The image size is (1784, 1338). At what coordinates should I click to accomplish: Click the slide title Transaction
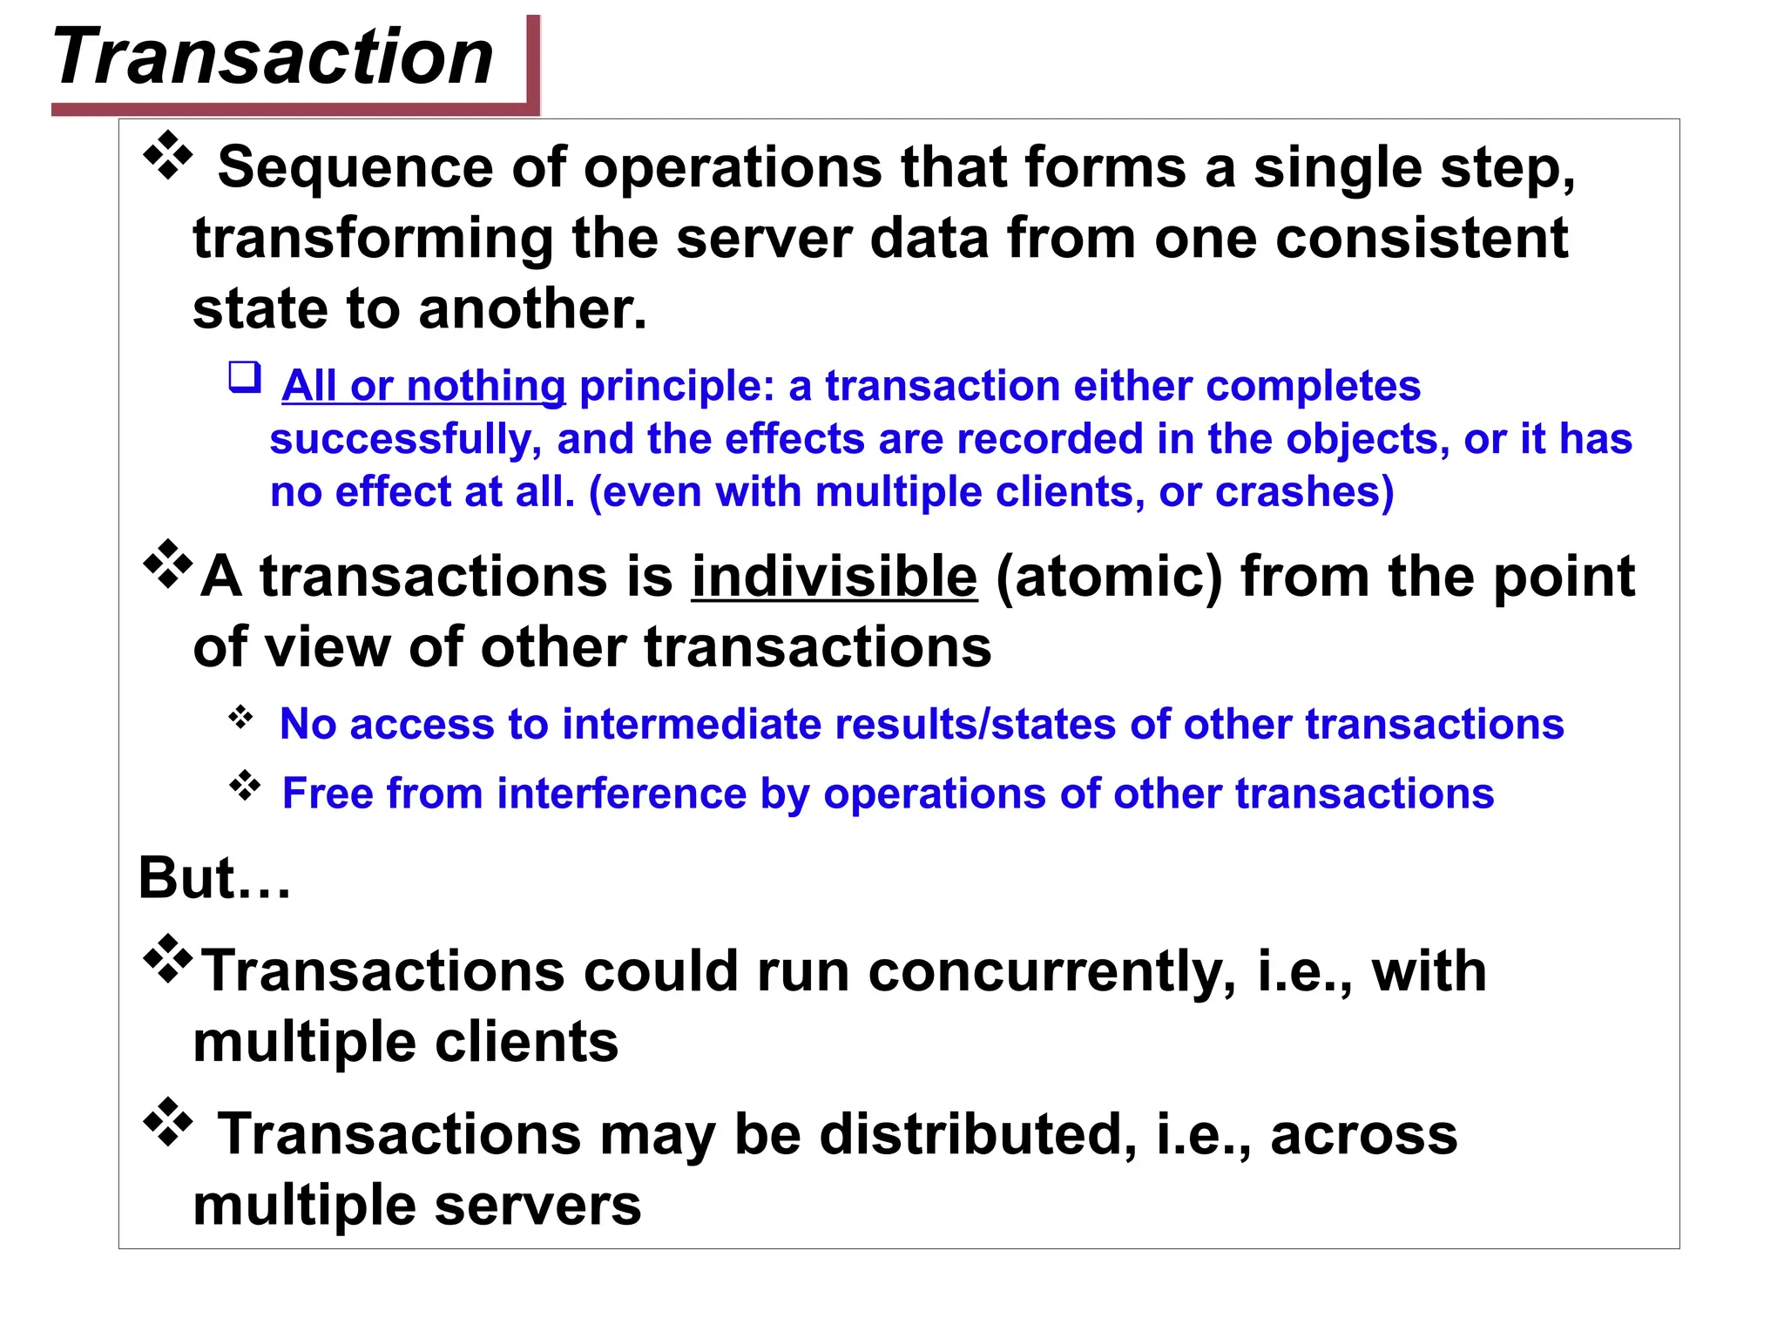(x=273, y=57)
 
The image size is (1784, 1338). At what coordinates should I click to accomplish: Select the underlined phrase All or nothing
(x=423, y=386)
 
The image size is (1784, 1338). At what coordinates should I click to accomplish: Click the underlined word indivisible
(x=835, y=577)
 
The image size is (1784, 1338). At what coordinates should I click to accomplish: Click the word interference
(x=621, y=794)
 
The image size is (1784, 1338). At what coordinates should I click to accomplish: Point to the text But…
(x=214, y=877)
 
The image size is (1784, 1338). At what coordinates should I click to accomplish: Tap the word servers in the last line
(x=537, y=1206)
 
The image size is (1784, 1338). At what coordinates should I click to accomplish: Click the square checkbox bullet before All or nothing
(x=245, y=377)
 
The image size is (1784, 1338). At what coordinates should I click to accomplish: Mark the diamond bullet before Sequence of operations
(x=167, y=156)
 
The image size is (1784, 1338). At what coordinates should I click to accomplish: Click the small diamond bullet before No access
(x=240, y=718)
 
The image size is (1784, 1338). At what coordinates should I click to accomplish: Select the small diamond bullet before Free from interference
(x=245, y=786)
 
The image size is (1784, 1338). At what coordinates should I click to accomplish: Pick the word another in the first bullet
(x=532, y=309)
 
